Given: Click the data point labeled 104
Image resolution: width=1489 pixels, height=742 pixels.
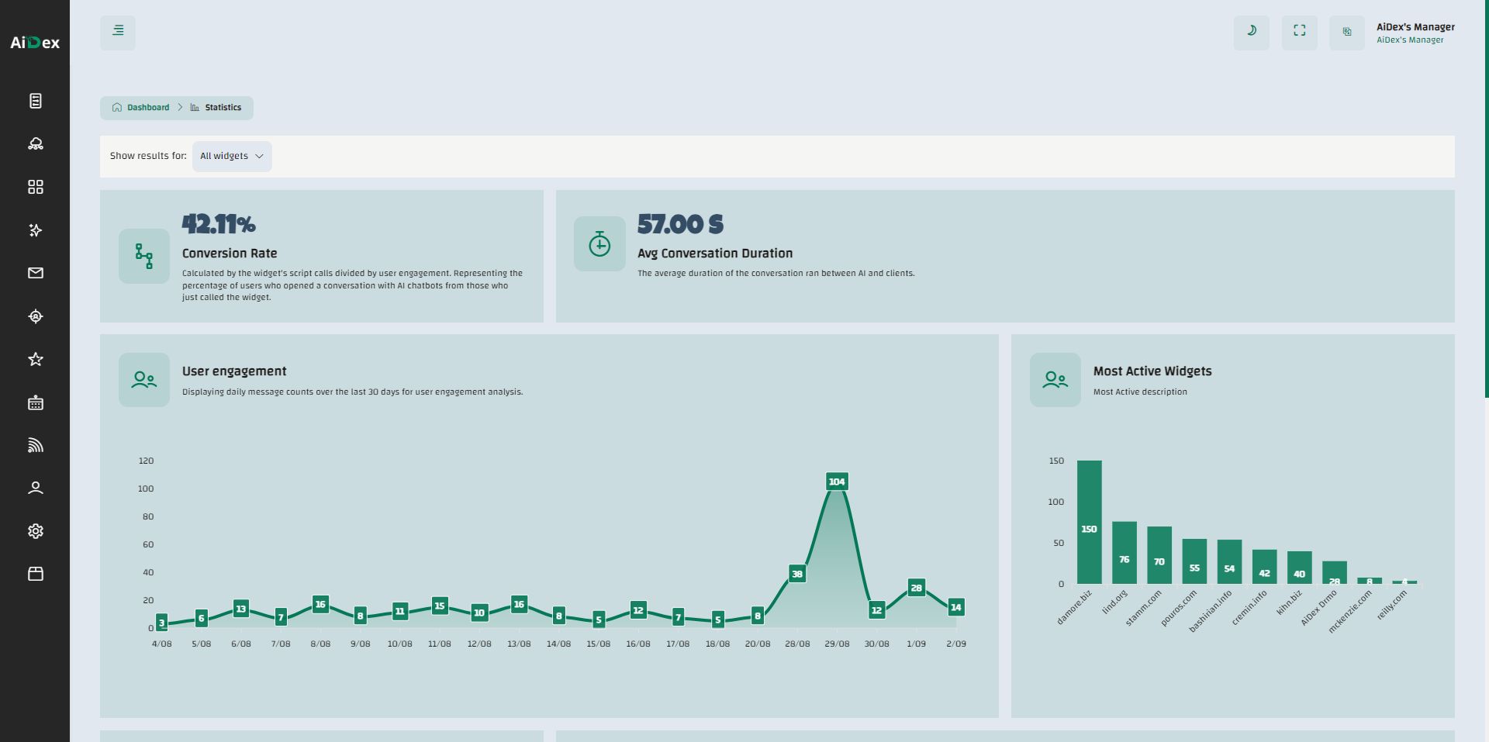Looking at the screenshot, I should [x=837, y=481].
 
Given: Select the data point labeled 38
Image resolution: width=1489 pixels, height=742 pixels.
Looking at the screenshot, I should [x=796, y=574].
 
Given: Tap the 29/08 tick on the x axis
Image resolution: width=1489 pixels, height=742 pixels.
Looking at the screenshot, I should [x=837, y=644].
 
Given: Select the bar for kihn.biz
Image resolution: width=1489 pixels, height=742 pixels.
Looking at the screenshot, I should [x=1299, y=568].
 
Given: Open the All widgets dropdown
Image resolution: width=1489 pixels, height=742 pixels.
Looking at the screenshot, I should [x=232, y=156].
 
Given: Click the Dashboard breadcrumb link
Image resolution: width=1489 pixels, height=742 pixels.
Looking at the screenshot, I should [x=147, y=108].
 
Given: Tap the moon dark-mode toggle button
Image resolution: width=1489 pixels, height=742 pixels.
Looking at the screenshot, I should [x=1251, y=31].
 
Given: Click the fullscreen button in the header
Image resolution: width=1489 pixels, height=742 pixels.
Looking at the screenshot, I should [x=1299, y=31].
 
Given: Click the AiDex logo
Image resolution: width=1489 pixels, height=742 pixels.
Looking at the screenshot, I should [x=35, y=43].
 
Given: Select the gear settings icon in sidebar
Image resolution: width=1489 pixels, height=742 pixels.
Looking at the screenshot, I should [x=36, y=531].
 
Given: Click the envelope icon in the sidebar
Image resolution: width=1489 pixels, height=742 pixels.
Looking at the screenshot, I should [x=36, y=273].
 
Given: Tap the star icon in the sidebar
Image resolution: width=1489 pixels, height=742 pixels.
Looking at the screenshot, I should [x=36, y=359].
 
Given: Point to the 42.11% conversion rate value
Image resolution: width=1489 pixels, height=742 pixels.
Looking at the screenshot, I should [x=219, y=225].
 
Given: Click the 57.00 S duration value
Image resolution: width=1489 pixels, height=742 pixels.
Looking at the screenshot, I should [x=680, y=225].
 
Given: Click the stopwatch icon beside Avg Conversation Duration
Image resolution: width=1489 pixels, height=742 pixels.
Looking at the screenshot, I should [x=599, y=244].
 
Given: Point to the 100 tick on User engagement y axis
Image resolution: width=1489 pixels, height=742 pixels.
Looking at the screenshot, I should [x=146, y=488].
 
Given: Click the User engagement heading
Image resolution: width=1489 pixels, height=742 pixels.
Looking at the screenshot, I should [x=234, y=371].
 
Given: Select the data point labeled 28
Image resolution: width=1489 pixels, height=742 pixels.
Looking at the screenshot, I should [x=916, y=588].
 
